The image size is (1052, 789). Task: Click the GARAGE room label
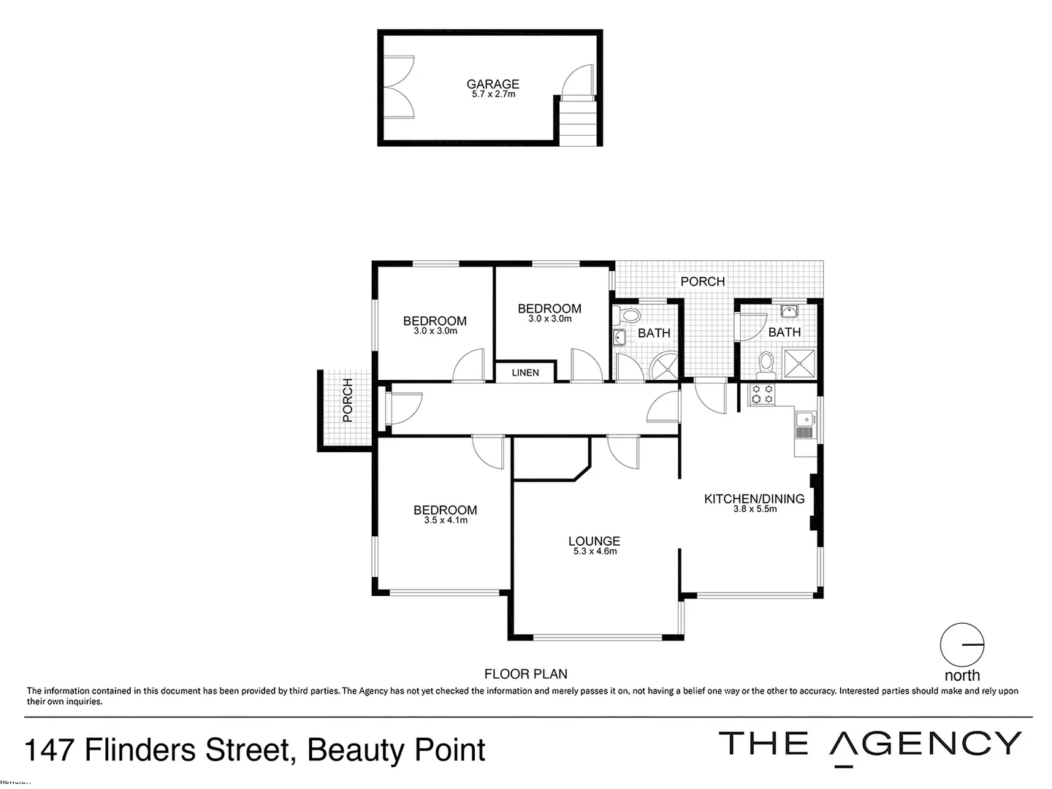tap(492, 84)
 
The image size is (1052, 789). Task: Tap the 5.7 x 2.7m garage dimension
tap(492, 94)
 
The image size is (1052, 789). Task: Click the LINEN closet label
tap(525, 373)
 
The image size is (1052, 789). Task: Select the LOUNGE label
tap(594, 541)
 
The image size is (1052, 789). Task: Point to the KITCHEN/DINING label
tap(754, 499)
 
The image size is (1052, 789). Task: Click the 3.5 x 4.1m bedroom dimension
tap(445, 520)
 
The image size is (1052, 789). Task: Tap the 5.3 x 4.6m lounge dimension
tap(595, 552)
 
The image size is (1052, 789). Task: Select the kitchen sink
tap(804, 419)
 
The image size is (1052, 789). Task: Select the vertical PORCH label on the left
tap(348, 400)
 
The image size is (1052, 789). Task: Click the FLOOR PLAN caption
tap(525, 674)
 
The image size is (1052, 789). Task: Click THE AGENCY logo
tap(869, 744)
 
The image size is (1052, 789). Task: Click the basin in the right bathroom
tap(788, 312)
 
